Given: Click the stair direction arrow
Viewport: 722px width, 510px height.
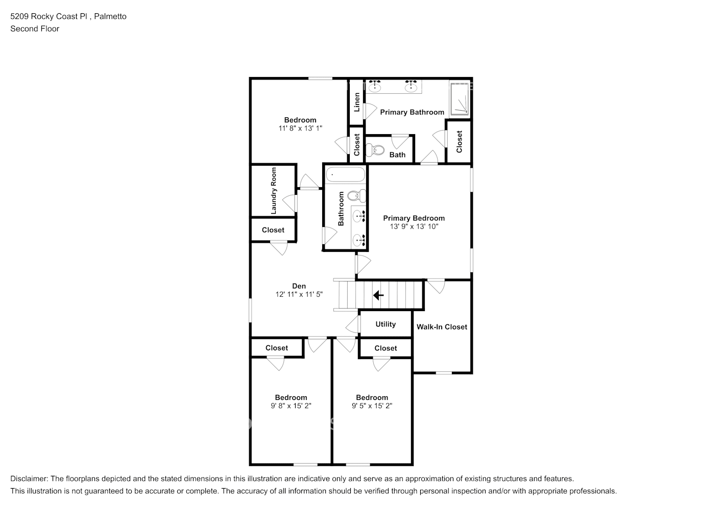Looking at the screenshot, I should point(378,295).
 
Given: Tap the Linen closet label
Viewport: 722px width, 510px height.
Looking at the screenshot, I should point(357,102).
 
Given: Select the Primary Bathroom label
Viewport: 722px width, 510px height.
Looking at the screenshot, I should point(412,112).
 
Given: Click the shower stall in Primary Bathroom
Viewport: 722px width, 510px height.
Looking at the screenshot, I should point(460,99).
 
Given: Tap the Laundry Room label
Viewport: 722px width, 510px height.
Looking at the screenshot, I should point(274,191).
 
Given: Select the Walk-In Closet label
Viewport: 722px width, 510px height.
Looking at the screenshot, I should point(442,327).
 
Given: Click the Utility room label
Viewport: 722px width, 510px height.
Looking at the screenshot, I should point(386,324).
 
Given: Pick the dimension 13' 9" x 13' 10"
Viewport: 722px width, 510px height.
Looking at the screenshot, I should point(414,226).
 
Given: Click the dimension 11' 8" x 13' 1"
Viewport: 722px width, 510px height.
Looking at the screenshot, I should point(300,129).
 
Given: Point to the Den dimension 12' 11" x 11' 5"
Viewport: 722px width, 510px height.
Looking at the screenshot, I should point(299,294).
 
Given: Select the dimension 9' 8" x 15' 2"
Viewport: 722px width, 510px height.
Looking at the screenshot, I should point(291,406).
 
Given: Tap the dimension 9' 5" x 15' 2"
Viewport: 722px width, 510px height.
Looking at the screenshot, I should point(372,406).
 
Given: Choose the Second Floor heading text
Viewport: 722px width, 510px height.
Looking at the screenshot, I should point(35,29).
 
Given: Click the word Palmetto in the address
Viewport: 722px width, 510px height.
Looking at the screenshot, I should point(110,16).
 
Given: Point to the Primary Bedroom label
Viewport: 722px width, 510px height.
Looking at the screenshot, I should point(414,218).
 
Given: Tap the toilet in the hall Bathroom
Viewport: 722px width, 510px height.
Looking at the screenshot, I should point(357,195).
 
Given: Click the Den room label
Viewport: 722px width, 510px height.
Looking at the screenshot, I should point(299,286).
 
